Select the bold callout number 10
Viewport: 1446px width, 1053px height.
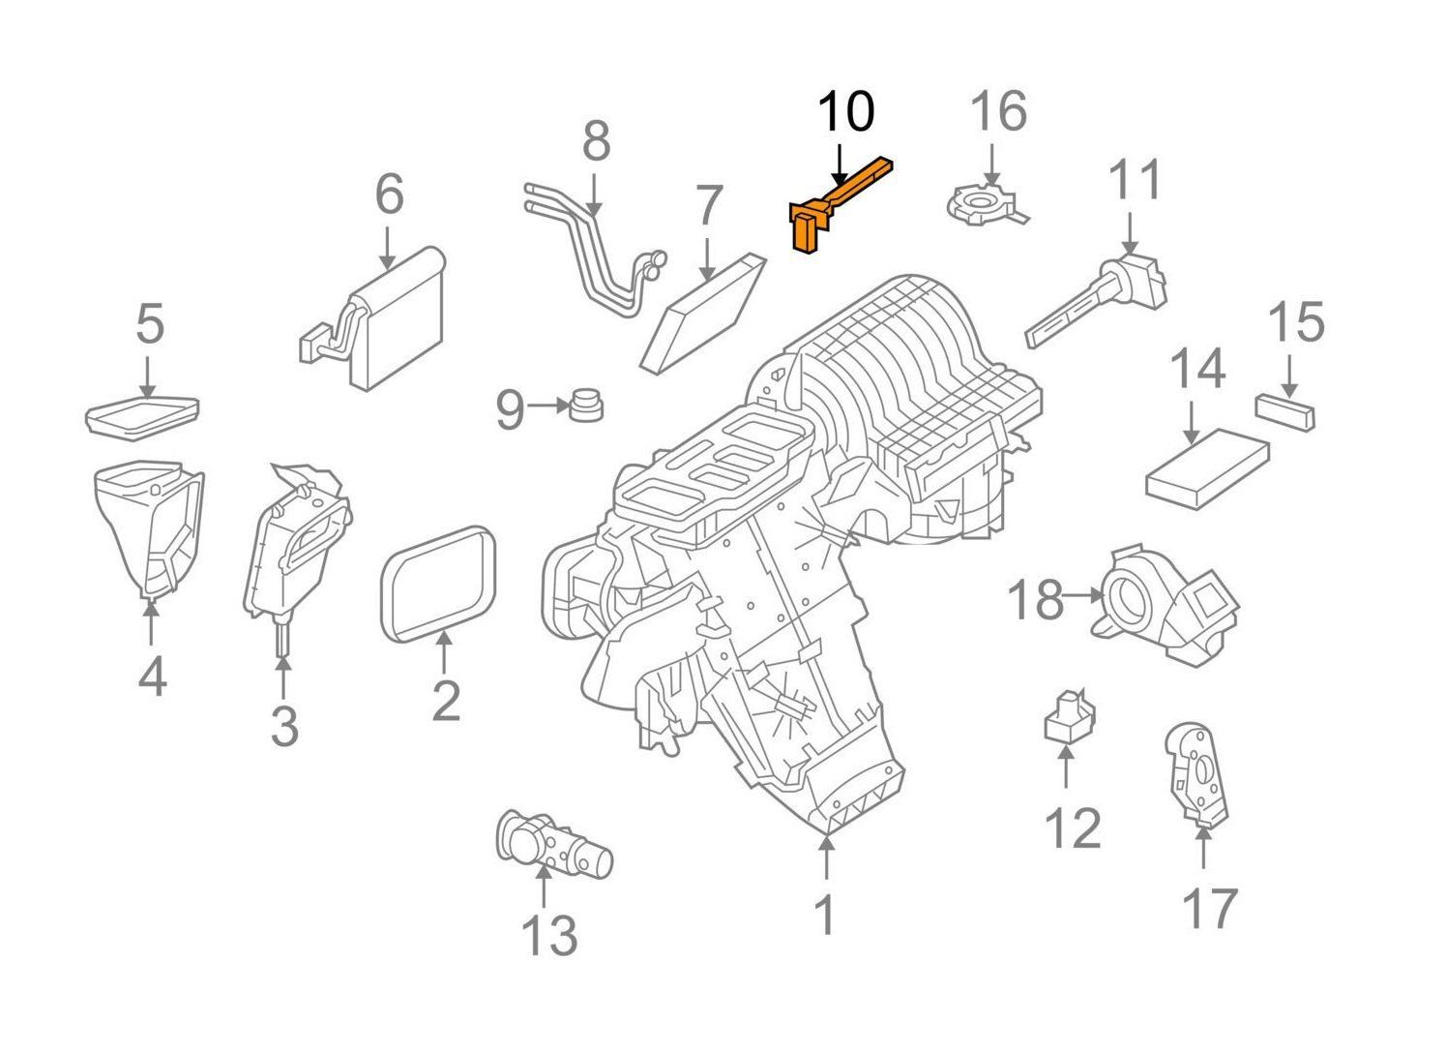coord(845,112)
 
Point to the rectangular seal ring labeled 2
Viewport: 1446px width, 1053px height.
coord(440,585)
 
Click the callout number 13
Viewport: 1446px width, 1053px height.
coord(549,935)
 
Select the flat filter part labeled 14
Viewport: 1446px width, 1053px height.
coord(1207,468)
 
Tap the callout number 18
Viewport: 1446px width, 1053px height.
coord(1035,599)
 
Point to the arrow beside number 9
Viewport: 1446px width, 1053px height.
coord(548,406)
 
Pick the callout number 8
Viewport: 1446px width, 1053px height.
coord(596,141)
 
